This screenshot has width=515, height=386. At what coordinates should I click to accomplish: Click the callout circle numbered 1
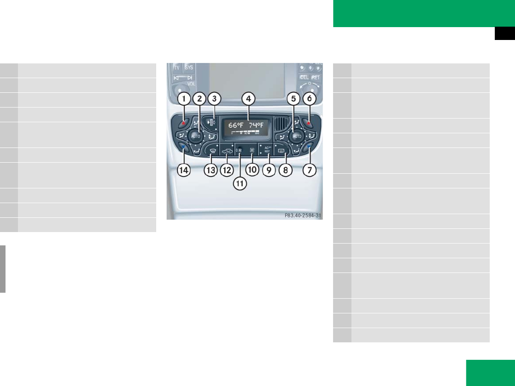(x=184, y=98)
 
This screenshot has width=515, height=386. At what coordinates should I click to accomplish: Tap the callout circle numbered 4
(x=248, y=98)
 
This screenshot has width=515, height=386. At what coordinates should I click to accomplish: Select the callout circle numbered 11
(x=240, y=183)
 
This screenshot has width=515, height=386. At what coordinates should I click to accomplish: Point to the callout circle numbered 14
(x=184, y=170)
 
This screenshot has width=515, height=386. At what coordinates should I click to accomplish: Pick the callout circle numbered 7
(x=309, y=170)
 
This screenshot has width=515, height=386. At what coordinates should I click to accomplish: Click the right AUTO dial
(x=296, y=136)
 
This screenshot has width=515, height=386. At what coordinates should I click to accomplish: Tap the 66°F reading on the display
(x=237, y=125)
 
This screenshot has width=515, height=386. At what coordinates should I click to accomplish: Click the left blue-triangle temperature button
(x=183, y=147)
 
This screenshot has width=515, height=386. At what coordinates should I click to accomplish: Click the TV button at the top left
(x=176, y=67)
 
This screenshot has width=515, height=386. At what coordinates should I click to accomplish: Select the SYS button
(x=189, y=67)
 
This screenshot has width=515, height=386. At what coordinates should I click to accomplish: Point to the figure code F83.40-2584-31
(x=302, y=215)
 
